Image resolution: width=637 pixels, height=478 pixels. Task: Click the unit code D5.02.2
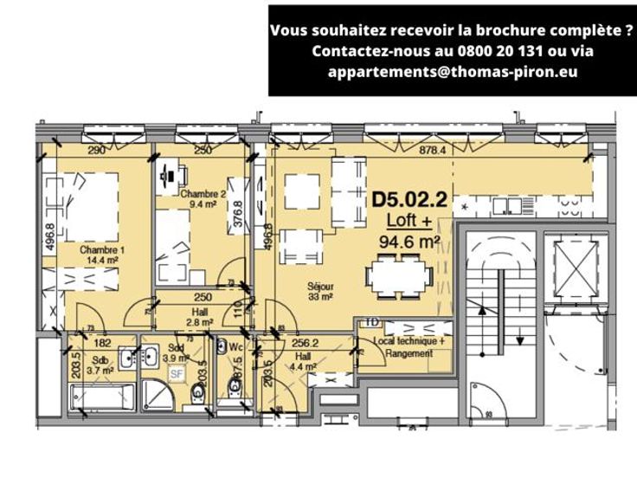409,199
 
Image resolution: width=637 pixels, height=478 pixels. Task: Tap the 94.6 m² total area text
410,242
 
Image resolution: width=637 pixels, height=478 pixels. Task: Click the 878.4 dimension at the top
432,149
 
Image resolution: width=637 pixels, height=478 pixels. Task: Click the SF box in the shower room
176,374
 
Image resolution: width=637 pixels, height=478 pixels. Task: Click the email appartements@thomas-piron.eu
452,72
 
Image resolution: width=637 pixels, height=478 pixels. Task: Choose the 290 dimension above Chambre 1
97,150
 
